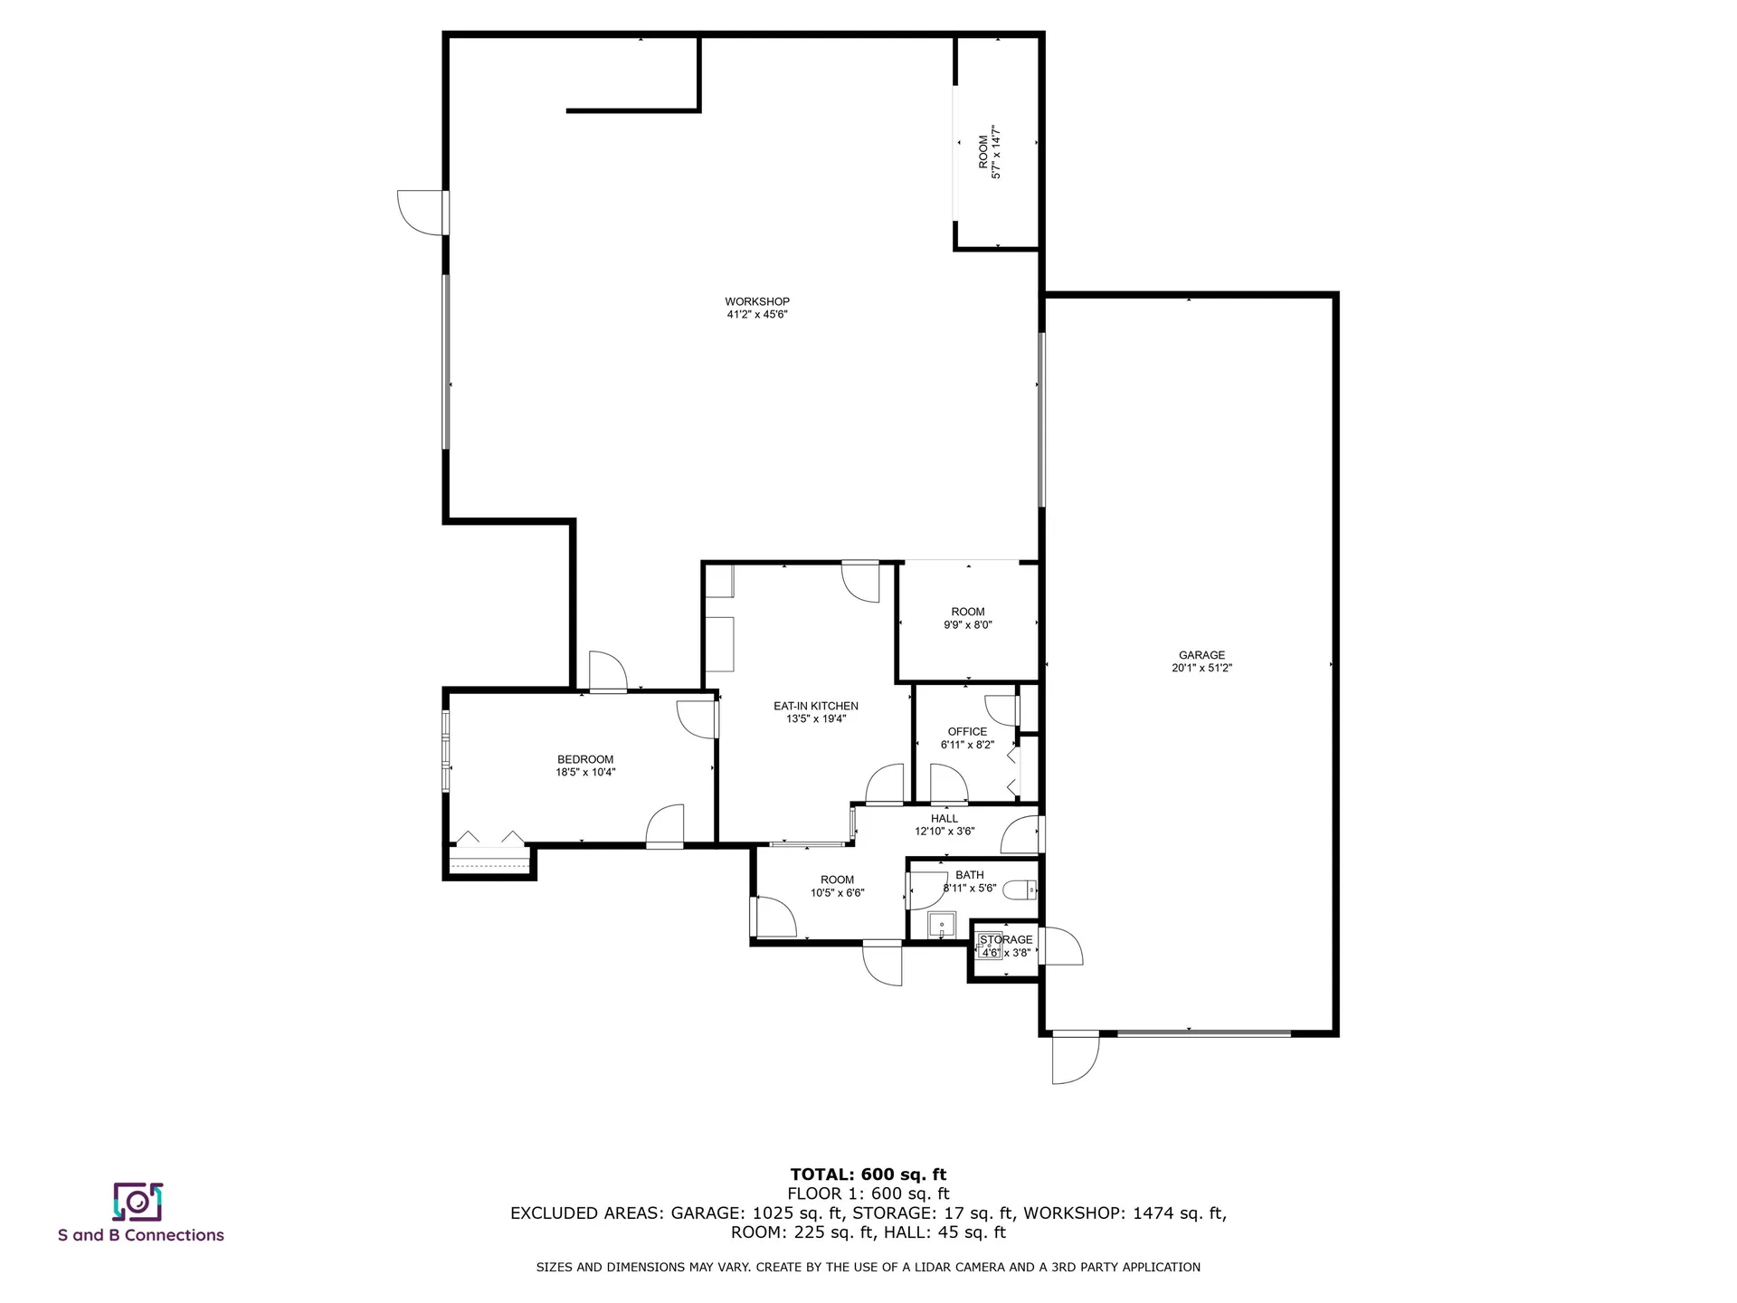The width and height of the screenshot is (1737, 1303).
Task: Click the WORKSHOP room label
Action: pyautogui.click(x=756, y=301)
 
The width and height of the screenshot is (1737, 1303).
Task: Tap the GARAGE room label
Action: pyautogui.click(x=1201, y=655)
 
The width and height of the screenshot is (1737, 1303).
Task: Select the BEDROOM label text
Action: pyautogui.click(x=585, y=759)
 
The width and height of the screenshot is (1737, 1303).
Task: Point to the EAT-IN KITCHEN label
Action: pyautogui.click(x=815, y=706)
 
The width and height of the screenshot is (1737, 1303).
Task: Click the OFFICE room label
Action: pyautogui.click(x=967, y=731)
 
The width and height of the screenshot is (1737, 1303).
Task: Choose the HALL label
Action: pyautogui.click(x=944, y=818)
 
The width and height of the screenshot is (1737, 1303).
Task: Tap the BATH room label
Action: pyautogui.click(x=969, y=875)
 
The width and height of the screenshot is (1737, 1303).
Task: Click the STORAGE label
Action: pyautogui.click(x=1006, y=939)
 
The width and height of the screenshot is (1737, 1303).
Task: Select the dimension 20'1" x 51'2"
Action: pyautogui.click(x=1201, y=669)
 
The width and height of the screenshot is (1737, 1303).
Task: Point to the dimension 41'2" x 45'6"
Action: pyautogui.click(x=756, y=315)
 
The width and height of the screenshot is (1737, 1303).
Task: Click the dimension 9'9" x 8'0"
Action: pyautogui.click(x=967, y=624)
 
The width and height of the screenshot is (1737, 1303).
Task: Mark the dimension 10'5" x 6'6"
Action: pyautogui.click(x=837, y=893)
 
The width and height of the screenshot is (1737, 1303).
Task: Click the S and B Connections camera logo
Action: pyautogui.click(x=138, y=1202)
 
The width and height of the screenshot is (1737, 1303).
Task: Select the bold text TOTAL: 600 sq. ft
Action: pyautogui.click(x=868, y=1175)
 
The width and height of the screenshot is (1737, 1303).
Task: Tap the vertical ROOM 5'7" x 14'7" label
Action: pyautogui.click(x=989, y=152)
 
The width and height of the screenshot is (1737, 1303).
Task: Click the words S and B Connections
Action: pyautogui.click(x=141, y=1235)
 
